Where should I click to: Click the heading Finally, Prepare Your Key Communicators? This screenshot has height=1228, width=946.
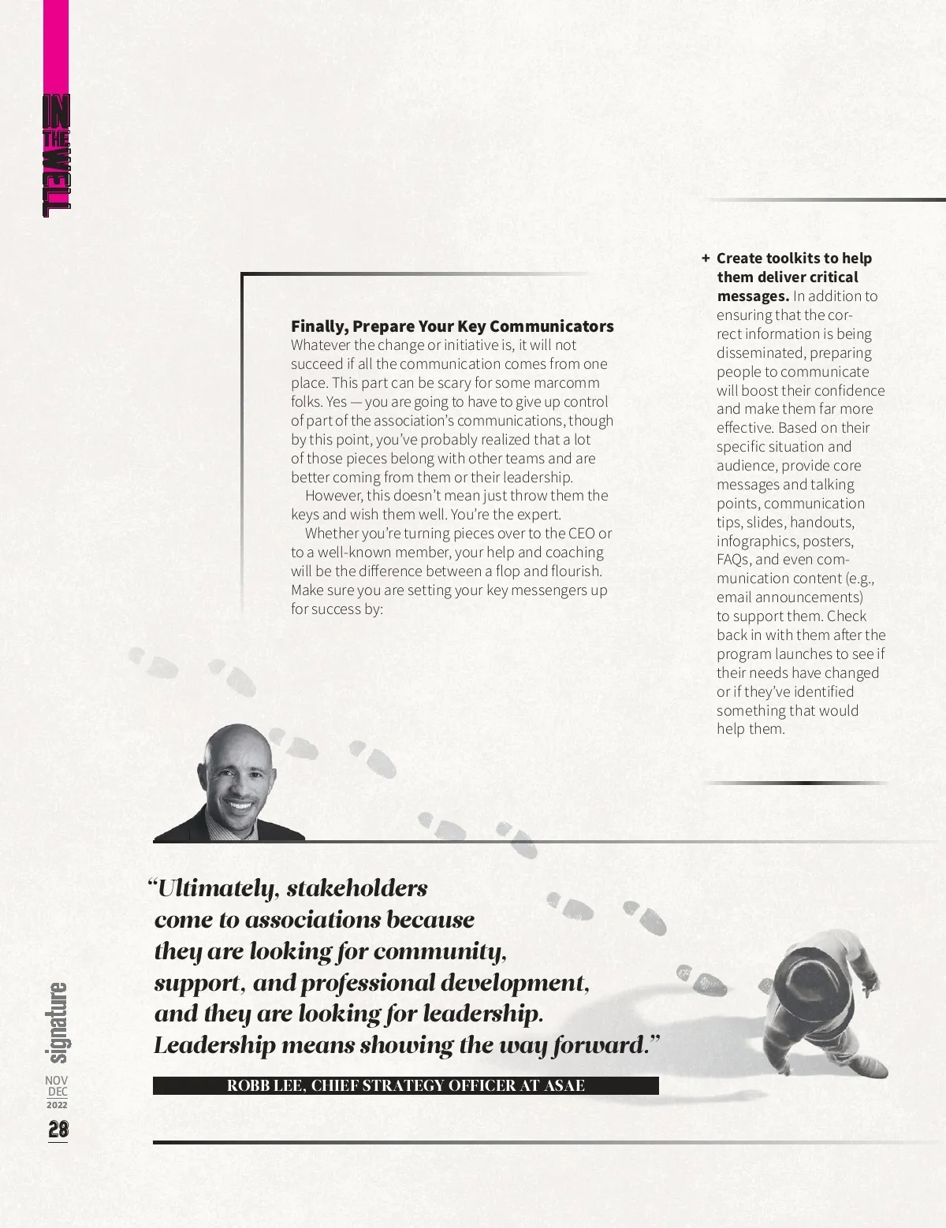pyautogui.click(x=452, y=326)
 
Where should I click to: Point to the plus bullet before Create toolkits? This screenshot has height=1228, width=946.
pyautogui.click(x=706, y=258)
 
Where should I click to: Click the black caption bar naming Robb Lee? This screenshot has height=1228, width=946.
pyautogui.click(x=405, y=1085)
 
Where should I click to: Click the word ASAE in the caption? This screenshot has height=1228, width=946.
pyautogui.click(x=564, y=1085)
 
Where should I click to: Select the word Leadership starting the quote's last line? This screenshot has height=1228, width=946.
pyautogui.click(x=214, y=1046)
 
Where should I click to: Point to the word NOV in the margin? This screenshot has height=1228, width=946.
pyautogui.click(x=57, y=1080)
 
